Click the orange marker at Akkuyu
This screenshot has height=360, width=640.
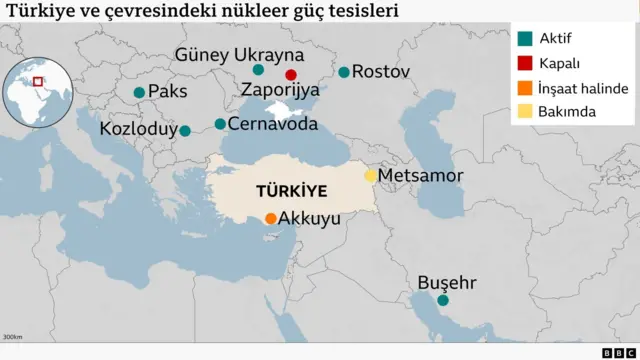pyautogui.click(x=271, y=219)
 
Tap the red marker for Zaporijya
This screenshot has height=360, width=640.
pyautogui.click(x=291, y=75)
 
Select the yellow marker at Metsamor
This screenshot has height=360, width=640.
pyautogui.click(x=370, y=176)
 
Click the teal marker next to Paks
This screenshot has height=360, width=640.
pyautogui.click(x=139, y=93)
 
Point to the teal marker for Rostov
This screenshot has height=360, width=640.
pyautogui.click(x=344, y=72)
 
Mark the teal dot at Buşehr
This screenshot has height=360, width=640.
pyautogui.click(x=443, y=300)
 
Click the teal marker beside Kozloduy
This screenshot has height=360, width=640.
pyautogui.click(x=185, y=130)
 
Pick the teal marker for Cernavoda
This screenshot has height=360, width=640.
pyautogui.click(x=220, y=125)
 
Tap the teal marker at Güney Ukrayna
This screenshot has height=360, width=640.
pyautogui.click(x=258, y=70)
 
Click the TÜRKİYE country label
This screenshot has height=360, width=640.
pyautogui.click(x=291, y=189)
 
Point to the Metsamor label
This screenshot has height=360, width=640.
pyautogui.click(x=421, y=176)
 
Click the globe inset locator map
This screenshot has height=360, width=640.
pyautogui.click(x=38, y=91)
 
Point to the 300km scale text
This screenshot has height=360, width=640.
pyautogui.click(x=13, y=337)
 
